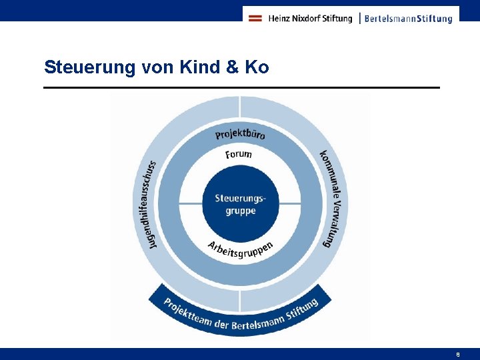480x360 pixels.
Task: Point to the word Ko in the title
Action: pyautogui.click(x=257, y=67)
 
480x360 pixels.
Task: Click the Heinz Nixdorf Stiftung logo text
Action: pyautogui.click(x=310, y=19)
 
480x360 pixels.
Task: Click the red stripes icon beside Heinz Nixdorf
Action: pyautogui.click(x=255, y=19)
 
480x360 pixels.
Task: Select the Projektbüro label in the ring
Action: pyautogui.click(x=240, y=133)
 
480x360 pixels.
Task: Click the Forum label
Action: pyautogui.click(x=239, y=155)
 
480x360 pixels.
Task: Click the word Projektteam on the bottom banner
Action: pyautogui.click(x=187, y=311)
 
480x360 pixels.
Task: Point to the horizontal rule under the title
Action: pyautogui.click(x=241, y=87)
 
